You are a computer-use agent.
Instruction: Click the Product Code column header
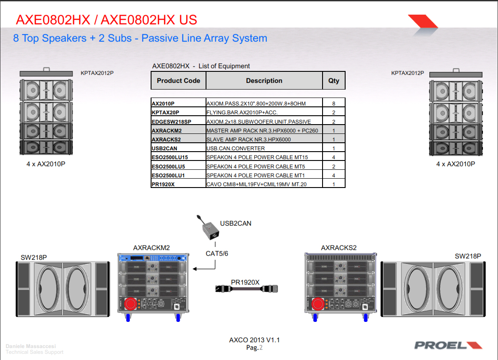[179, 81]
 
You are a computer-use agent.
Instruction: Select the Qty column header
[334, 81]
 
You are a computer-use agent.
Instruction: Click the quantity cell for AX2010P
[334, 103]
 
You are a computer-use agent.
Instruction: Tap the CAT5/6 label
[217, 254]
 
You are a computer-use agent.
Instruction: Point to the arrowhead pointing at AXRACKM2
[195, 268]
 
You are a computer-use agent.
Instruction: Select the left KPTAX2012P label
[97, 73]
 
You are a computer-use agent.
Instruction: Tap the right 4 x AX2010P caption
[455, 164]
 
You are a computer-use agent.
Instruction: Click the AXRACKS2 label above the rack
[338, 247]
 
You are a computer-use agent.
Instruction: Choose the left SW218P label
[34, 257]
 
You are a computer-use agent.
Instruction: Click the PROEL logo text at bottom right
[441, 345]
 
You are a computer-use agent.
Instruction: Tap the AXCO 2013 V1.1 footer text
[254, 340]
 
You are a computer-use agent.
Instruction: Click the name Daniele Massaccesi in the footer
[31, 346]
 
